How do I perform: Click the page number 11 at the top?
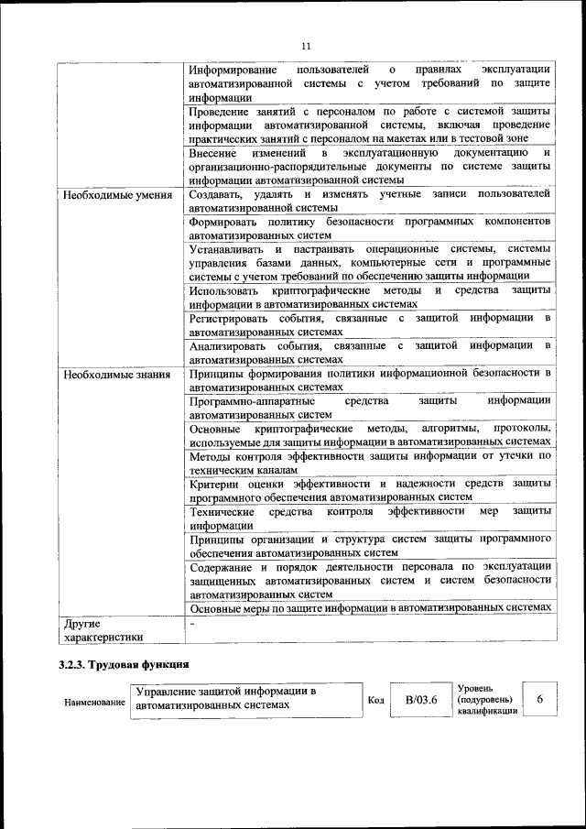click(x=307, y=46)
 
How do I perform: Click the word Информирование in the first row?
click(x=232, y=71)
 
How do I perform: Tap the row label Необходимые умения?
click(x=106, y=195)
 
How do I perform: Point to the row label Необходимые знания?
click(x=105, y=374)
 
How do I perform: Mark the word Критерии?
click(x=215, y=483)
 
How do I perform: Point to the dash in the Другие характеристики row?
click(x=192, y=623)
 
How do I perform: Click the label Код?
click(x=374, y=701)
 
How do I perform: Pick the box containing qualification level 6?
click(x=540, y=700)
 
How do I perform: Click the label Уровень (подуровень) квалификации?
click(x=484, y=701)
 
